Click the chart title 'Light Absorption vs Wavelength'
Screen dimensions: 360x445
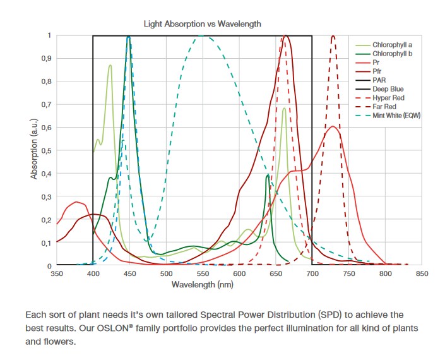tap(203, 24)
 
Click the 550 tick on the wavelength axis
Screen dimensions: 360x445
tap(203, 274)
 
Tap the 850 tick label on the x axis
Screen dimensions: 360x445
tap(422, 274)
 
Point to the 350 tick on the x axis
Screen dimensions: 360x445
tap(57, 274)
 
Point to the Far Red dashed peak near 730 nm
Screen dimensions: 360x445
tap(333, 37)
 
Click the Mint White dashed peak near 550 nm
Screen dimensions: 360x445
tap(203, 36)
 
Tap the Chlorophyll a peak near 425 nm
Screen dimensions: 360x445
tap(110, 65)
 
